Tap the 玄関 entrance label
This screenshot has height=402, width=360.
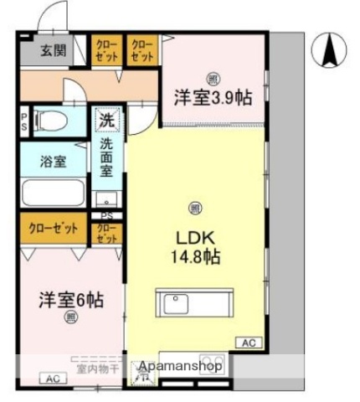pos(54,50)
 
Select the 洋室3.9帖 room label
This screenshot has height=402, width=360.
pos(213,97)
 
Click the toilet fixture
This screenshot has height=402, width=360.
pos(55,121)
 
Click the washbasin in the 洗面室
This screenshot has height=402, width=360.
pos(106,200)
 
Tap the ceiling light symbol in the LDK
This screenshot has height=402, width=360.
pos(194,209)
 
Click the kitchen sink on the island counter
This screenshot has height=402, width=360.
pos(176,303)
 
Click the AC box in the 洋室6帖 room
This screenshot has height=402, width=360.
pos(53,378)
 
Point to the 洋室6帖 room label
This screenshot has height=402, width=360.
pos(69,298)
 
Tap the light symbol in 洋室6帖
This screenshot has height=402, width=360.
pos(70,317)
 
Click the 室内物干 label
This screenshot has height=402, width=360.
pos(99,367)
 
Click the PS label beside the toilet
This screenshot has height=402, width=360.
pos(24,121)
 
